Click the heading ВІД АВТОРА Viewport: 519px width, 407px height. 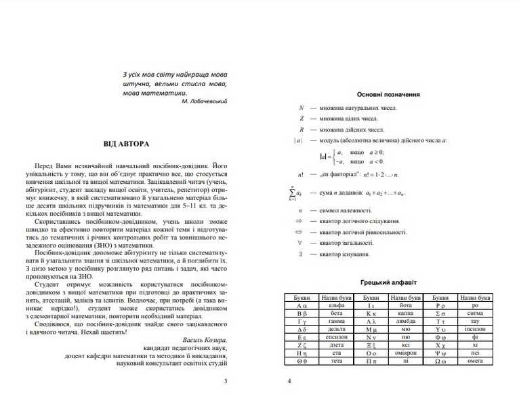tap(127, 144)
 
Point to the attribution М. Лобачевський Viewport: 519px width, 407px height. tap(205, 101)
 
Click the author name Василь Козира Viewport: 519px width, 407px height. tap(205, 339)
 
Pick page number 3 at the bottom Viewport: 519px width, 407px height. tap(226, 381)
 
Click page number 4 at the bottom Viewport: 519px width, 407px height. tap(289, 381)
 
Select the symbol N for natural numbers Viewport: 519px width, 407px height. tap(302, 108)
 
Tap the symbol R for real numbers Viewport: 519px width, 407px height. tap(302, 130)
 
